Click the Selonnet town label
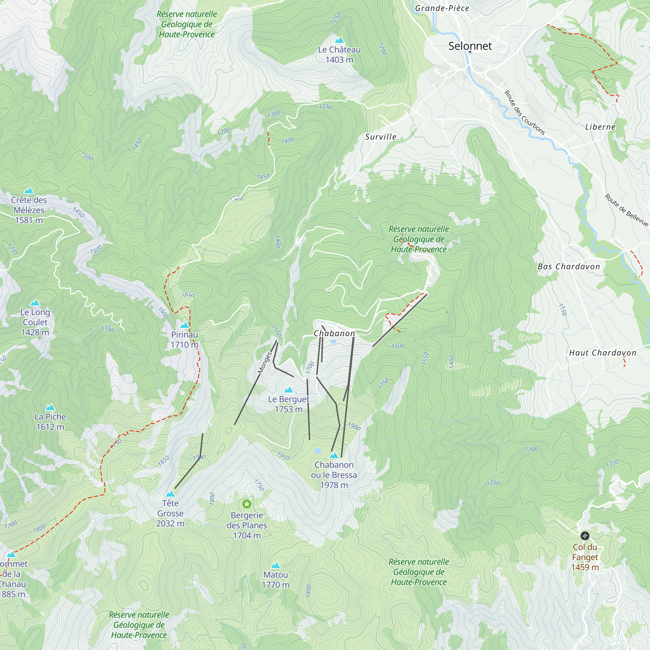[x=470, y=46]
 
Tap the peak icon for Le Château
[x=339, y=40]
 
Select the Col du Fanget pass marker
[x=585, y=535]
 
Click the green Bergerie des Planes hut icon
[x=247, y=504]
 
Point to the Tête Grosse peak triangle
[x=170, y=494]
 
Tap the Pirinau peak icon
[x=184, y=325]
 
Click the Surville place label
[x=381, y=137]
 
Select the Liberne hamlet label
[x=600, y=127]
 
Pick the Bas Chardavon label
[x=568, y=266]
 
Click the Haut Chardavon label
[x=602, y=353]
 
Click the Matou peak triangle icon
[x=275, y=565]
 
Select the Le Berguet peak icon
[x=288, y=390]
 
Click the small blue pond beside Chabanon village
[x=333, y=342]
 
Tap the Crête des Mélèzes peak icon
[x=29, y=191]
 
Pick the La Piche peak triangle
[x=50, y=408]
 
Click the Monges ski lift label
[x=265, y=362]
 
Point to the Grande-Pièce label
[x=442, y=8]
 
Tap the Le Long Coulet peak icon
[x=35, y=303]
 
